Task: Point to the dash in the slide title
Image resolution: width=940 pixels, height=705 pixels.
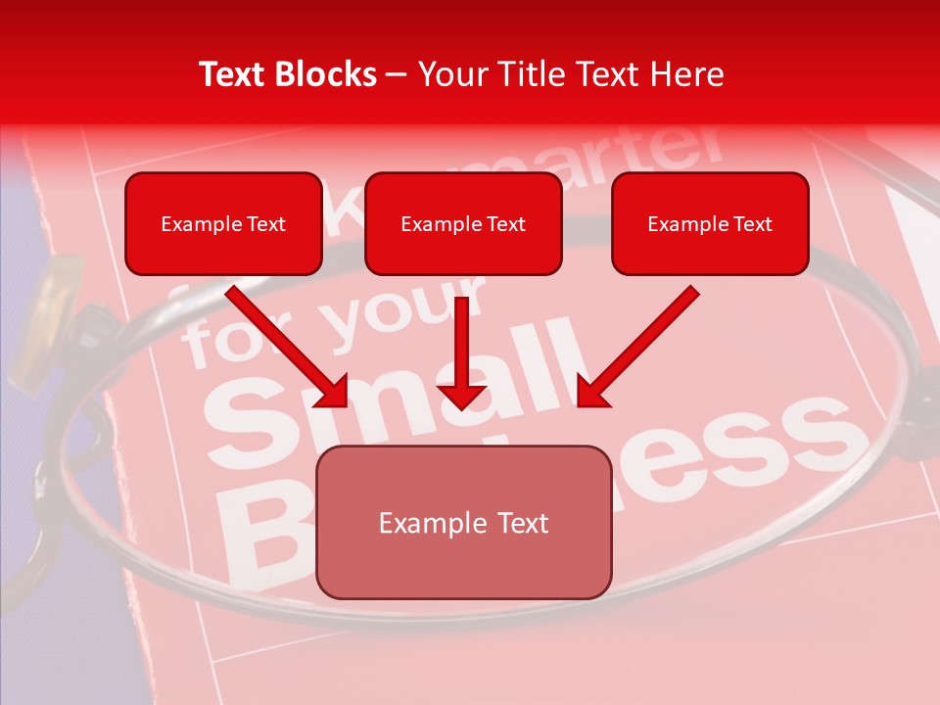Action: pos(397,75)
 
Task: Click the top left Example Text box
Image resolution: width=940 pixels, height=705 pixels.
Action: pos(223,224)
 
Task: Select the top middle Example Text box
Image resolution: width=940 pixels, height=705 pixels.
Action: pos(463,224)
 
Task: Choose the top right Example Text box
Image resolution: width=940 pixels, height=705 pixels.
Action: pos(710,224)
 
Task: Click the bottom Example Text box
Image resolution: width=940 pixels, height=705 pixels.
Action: pos(463,523)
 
